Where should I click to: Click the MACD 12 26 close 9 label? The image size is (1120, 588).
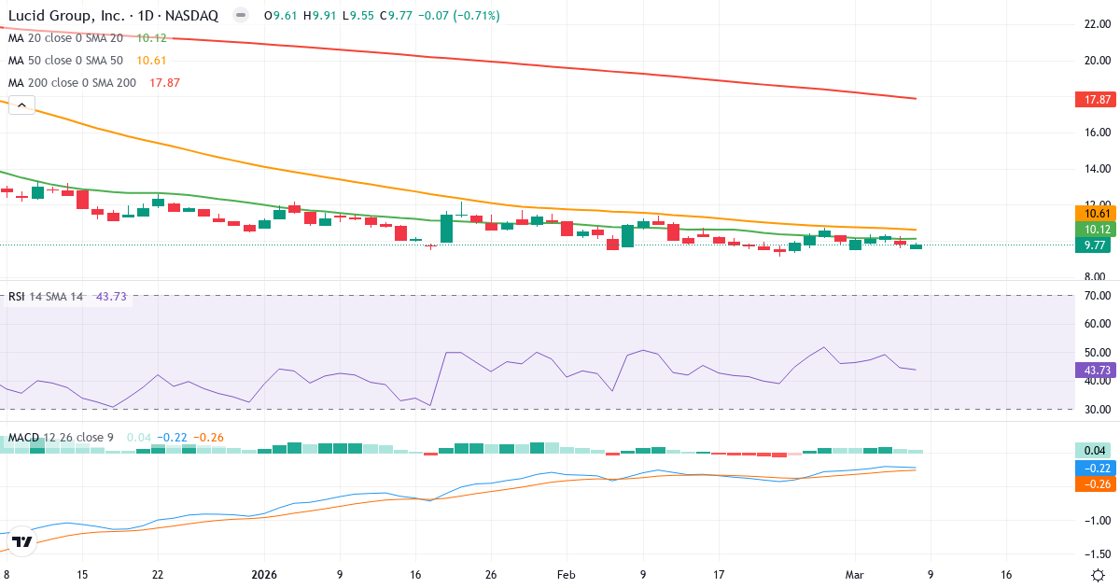click(62, 438)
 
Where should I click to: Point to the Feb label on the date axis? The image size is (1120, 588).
click(566, 575)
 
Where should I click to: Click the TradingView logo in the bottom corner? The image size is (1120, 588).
click(23, 541)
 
